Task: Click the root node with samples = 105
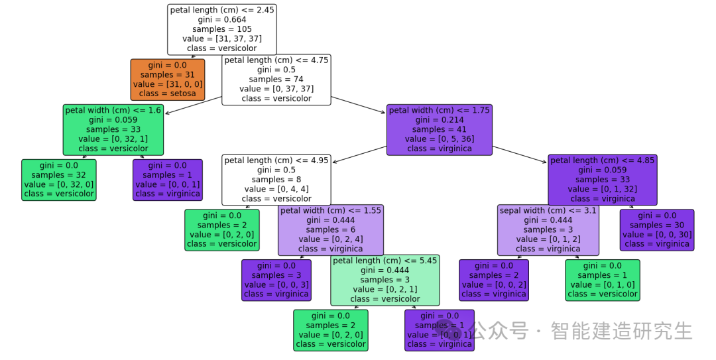(222, 29)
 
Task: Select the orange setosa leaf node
(168, 80)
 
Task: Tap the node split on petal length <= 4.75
(276, 80)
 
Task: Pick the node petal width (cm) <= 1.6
(114, 129)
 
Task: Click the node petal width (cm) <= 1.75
(440, 129)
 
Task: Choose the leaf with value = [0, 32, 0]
(59, 180)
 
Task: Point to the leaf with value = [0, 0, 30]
(657, 230)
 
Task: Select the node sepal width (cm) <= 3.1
(548, 230)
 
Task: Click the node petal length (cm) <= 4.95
(276, 180)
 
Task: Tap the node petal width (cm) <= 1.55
(331, 230)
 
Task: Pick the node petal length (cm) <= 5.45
(385, 280)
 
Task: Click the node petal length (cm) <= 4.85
(603, 180)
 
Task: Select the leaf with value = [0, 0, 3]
(276, 280)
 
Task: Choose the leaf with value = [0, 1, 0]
(603, 280)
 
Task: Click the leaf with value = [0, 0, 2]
(494, 280)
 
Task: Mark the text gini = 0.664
(222, 20)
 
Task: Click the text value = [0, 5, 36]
(440, 139)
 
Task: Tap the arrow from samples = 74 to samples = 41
(358, 105)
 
